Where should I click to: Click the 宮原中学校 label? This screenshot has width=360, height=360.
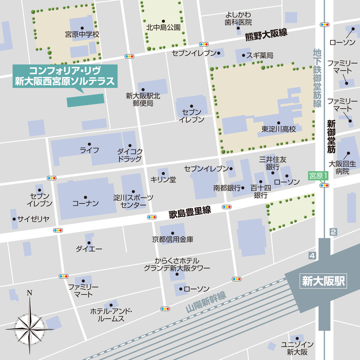82,34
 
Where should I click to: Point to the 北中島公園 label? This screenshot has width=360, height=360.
163,26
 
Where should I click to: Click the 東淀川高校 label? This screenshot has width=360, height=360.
278,129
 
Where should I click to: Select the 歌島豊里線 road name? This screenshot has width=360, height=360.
190,213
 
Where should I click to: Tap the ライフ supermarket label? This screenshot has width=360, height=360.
89,150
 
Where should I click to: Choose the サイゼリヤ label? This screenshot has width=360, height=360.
33,219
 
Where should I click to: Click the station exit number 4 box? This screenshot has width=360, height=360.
312,256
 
